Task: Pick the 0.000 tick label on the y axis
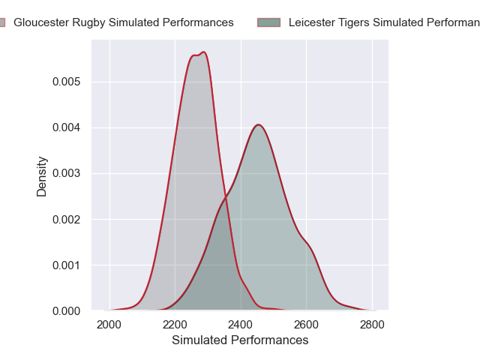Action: pyautogui.click(x=66, y=310)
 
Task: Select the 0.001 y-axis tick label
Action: pyautogui.click(x=66, y=265)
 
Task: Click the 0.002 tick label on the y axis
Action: pyautogui.click(x=66, y=219)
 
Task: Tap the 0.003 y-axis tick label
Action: pyautogui.click(x=66, y=173)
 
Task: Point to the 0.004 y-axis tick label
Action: pyautogui.click(x=66, y=127)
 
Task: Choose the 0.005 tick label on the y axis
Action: pyautogui.click(x=66, y=81)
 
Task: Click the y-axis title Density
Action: pyautogui.click(x=42, y=176)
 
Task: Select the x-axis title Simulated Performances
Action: pyautogui.click(x=240, y=340)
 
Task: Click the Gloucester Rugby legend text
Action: pyautogui.click(x=124, y=22)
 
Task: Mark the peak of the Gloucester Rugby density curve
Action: pyautogui.click(x=203, y=52)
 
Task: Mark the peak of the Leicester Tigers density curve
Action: pyautogui.click(x=258, y=124)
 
